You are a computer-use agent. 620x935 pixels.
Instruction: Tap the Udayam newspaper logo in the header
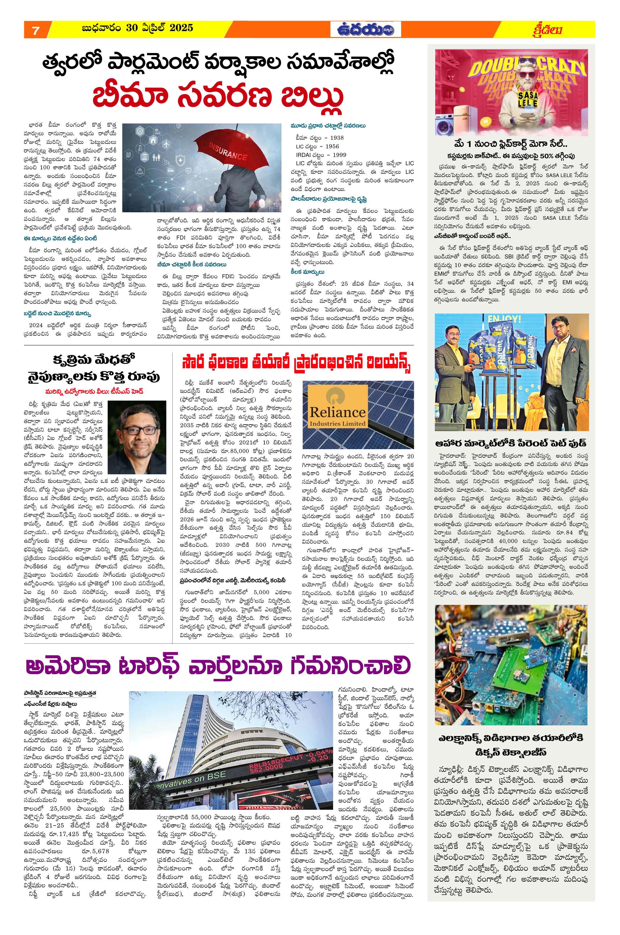click(x=366, y=30)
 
